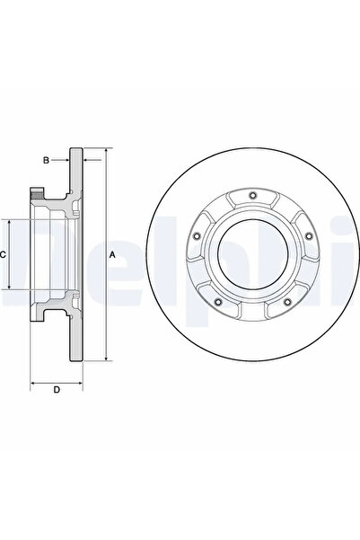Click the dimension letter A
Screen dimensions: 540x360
(x=111, y=255)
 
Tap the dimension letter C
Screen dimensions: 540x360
(x=4, y=254)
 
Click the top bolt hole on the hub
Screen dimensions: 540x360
(x=253, y=197)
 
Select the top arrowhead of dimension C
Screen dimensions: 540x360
(x=10, y=221)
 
